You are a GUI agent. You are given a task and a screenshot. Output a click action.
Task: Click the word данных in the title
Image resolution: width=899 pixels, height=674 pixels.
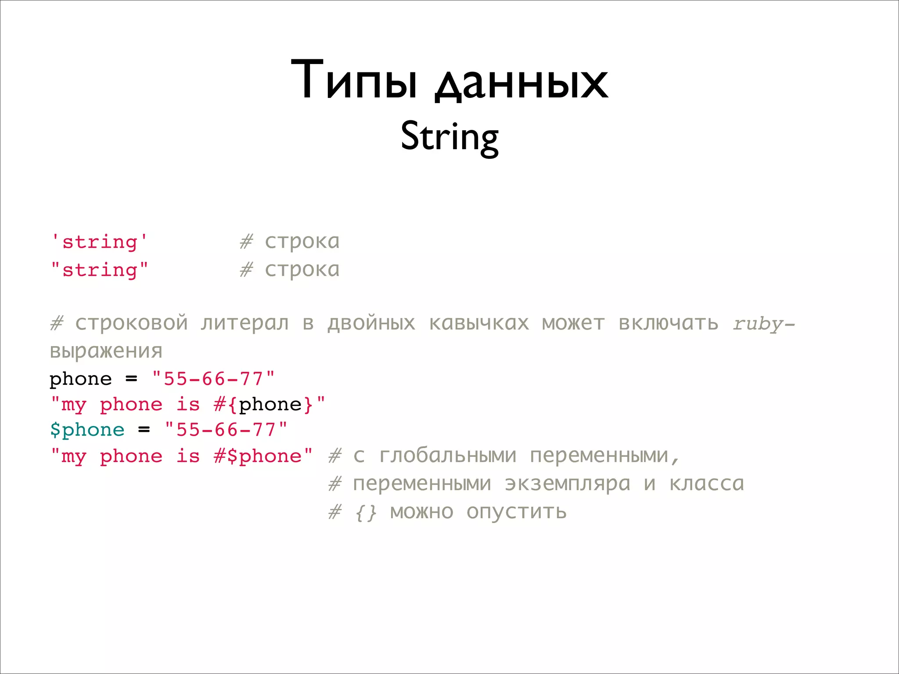[521, 83]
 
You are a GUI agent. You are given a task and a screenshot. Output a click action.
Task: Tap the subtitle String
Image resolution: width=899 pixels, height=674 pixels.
[449, 137]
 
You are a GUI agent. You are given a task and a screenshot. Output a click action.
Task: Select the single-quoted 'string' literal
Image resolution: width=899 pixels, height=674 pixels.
[99, 242]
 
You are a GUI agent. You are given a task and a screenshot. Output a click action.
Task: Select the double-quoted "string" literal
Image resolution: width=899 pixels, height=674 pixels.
[100, 269]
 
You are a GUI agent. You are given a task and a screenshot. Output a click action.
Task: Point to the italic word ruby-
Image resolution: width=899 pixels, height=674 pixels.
[763, 324]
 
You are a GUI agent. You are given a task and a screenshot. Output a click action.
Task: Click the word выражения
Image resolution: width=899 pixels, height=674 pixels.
[106, 351]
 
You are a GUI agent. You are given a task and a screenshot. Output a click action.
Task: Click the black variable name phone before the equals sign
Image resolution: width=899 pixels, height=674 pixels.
[81, 379]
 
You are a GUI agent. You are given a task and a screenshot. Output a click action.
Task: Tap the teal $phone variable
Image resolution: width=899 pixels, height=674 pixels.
[87, 430]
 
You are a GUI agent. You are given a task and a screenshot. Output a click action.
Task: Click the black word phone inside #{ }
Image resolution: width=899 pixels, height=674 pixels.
[270, 404]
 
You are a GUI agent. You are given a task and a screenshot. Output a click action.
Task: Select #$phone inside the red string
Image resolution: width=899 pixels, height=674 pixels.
[258, 456]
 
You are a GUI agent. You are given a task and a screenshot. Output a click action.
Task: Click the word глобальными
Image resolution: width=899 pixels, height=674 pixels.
[447, 455]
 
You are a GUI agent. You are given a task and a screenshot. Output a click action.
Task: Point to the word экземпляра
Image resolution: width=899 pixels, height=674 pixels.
[567, 484]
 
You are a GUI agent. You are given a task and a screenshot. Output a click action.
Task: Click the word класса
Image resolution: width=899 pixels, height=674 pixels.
[707, 484]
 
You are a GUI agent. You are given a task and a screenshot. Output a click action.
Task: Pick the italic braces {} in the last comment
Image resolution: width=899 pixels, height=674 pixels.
[366, 512]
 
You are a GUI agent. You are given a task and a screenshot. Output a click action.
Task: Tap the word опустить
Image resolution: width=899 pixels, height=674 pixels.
[516, 512]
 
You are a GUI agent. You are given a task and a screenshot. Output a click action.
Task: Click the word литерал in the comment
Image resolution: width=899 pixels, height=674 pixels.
[245, 323]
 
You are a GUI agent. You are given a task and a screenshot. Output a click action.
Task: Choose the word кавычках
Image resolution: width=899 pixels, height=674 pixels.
[479, 323]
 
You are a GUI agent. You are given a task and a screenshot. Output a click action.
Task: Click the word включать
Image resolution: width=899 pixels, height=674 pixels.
[669, 323]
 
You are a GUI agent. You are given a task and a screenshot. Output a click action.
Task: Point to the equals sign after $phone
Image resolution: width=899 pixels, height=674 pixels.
[144, 430]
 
